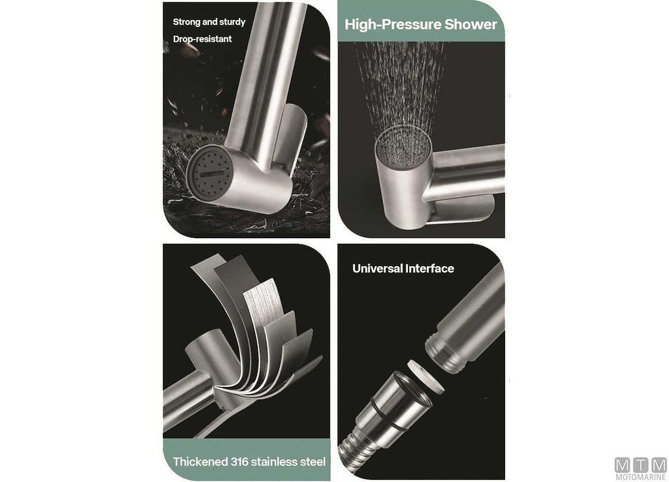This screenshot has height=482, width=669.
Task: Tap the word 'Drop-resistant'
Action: pyautogui.click(x=202, y=39)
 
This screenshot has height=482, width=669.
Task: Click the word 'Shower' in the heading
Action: pyautogui.click(x=471, y=24)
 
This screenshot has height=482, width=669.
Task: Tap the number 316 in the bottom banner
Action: pyautogui.click(x=240, y=462)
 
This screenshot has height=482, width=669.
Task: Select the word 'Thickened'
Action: pyautogui.click(x=200, y=462)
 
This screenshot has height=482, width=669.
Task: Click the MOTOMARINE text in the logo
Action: pyautogui.click(x=641, y=476)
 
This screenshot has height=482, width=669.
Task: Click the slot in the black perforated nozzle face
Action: pyautogui.click(x=212, y=173)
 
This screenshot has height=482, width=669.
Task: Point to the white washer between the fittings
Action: pyautogui.click(x=425, y=376)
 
